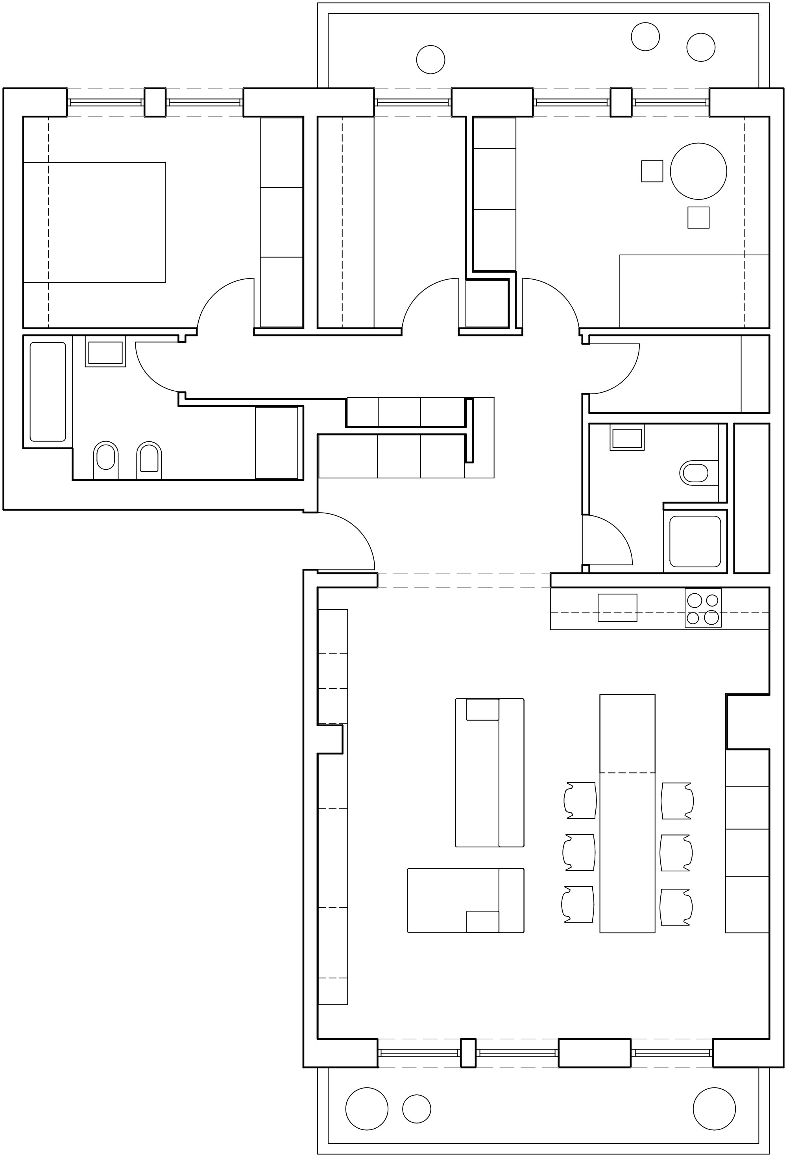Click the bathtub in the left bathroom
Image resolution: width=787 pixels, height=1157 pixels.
[48, 391]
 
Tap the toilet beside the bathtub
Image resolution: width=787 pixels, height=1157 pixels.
[105, 457]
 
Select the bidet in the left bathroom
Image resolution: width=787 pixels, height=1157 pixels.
[149, 458]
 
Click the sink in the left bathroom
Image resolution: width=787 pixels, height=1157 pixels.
[105, 352]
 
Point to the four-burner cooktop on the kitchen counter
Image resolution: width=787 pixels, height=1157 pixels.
[703, 608]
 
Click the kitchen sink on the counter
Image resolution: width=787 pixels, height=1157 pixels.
[617, 607]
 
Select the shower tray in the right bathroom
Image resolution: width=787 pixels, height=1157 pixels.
[695, 541]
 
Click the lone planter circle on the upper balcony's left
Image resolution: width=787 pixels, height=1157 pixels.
[430, 59]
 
